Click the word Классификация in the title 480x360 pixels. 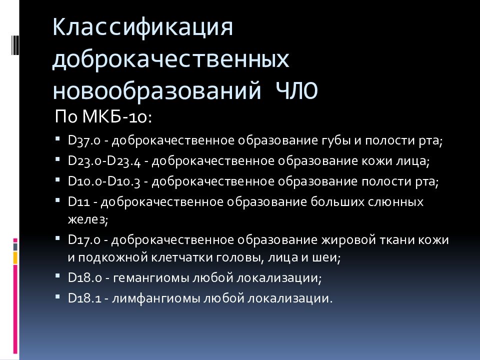click(x=143, y=28)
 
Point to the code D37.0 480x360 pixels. click(x=84, y=141)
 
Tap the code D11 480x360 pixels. click(x=79, y=202)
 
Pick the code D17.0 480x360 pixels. click(x=84, y=240)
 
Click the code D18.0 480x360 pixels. click(x=84, y=277)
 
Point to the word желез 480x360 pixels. click(x=87, y=219)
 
